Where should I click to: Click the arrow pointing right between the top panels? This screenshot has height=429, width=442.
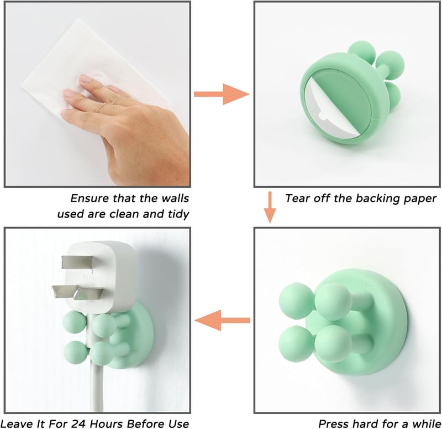coord(222,94)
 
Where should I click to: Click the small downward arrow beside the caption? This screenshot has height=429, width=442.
coord(270,207)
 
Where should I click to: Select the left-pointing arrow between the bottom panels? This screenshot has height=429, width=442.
coord(222,320)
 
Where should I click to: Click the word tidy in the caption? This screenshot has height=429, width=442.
coord(178,214)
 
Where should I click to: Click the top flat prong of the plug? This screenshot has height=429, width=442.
coord(78,262)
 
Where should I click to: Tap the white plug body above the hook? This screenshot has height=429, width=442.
coord(101,276)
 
